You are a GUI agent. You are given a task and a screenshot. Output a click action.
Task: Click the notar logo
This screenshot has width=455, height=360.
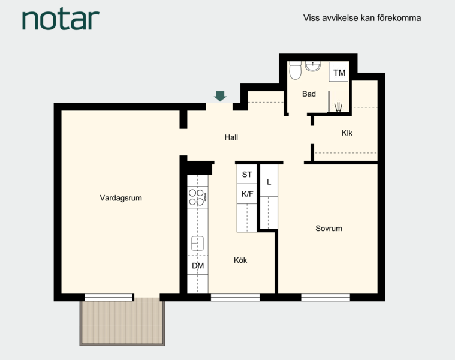click(61, 20)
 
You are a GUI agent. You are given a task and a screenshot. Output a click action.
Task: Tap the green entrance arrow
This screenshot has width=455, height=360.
click(220, 96)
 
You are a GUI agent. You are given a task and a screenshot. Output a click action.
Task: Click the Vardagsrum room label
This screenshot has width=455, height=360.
click(120, 198)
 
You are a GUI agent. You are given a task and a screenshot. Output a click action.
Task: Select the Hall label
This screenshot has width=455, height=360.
click(231, 137)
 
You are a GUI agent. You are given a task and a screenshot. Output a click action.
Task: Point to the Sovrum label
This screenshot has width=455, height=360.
click(329, 229)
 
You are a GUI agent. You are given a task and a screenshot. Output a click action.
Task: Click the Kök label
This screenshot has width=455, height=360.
click(240, 260)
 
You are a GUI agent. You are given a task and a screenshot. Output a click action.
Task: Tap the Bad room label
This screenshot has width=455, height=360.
click(309, 94)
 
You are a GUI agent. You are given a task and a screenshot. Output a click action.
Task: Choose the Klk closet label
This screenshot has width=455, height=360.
click(346, 133)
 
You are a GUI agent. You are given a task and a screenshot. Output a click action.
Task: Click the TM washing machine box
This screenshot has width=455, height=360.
click(339, 72)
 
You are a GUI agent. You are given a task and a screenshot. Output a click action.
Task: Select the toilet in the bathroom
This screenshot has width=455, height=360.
click(296, 70)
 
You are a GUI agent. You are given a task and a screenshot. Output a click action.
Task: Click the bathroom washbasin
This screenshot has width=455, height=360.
click(313, 66)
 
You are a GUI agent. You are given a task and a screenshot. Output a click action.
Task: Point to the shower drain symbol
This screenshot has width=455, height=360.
click(338, 107)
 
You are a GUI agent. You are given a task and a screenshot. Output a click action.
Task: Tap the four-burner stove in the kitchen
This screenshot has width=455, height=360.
click(197, 197)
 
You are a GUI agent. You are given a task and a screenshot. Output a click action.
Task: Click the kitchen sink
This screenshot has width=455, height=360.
click(197, 243)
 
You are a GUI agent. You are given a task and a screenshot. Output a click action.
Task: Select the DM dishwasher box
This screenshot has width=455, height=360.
click(198, 265)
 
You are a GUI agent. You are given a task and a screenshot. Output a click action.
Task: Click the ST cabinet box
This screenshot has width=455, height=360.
click(246, 174)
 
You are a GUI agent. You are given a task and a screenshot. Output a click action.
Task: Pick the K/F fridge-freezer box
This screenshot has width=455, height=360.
click(247, 194)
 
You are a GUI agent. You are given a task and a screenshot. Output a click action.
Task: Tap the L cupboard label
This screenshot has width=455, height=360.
click(269, 182)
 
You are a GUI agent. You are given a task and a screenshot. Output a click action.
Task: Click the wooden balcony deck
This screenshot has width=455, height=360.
click(122, 322)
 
